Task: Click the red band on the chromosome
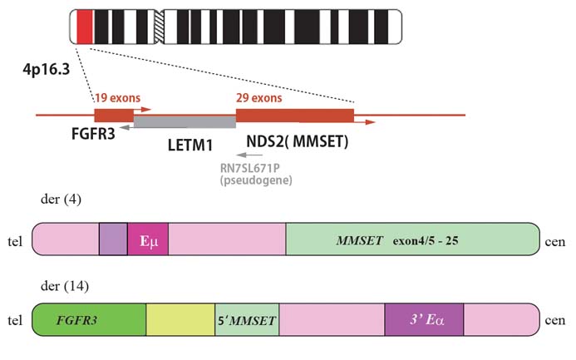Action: (x=83, y=27)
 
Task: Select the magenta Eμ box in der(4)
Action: (x=148, y=239)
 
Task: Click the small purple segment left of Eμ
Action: (x=113, y=239)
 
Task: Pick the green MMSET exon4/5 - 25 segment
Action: (x=411, y=239)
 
